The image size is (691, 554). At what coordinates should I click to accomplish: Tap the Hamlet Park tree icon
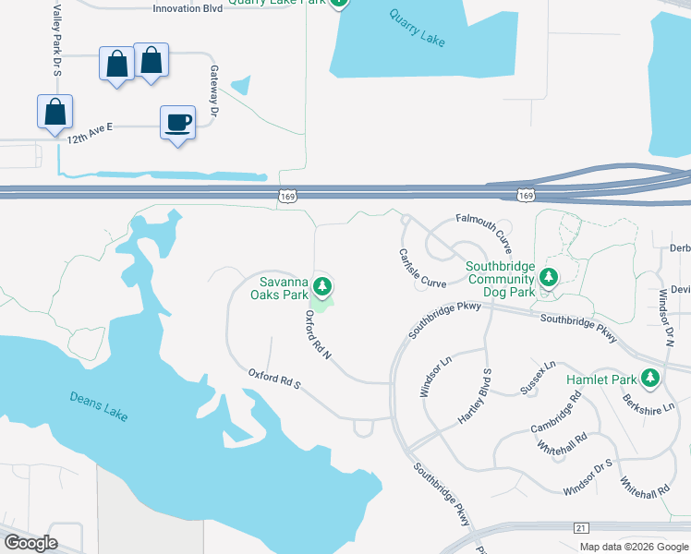pyautogui.click(x=651, y=377)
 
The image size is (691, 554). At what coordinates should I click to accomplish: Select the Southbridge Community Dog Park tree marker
pyautogui.click(x=549, y=276)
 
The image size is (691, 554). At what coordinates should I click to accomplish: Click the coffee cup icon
pyautogui.click(x=177, y=122)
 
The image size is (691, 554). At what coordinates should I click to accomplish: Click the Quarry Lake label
pyautogui.click(x=418, y=29)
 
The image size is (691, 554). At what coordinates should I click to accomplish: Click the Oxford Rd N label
pyautogui.click(x=318, y=333)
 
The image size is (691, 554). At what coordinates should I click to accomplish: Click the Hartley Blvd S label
pyautogui.click(x=476, y=396)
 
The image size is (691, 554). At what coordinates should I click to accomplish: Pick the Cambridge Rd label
pyautogui.click(x=556, y=414)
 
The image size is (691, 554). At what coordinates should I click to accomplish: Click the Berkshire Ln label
pyautogui.click(x=649, y=404)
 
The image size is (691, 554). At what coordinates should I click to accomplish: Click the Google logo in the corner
pyautogui.click(x=30, y=543)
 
